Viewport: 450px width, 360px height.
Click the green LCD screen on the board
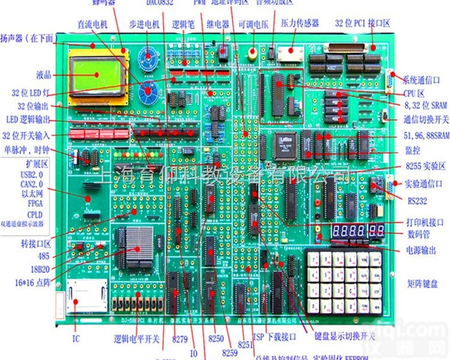pos(95,75)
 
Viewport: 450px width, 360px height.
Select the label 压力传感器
pos(299,23)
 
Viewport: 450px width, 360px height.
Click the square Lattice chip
pos(286,145)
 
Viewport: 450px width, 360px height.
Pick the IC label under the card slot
pos(76,339)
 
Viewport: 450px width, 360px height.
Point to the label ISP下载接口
pos(274,337)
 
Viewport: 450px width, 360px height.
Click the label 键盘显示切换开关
pos(345,336)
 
